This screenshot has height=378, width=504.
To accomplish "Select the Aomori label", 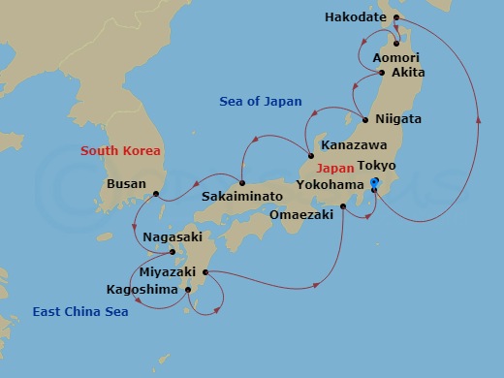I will (x=395, y=58).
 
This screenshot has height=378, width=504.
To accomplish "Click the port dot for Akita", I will (x=382, y=73).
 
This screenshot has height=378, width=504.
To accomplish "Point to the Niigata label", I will (x=397, y=119).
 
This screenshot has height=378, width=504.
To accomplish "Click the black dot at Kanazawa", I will (x=310, y=157).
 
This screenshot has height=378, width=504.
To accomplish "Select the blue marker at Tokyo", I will (x=375, y=183).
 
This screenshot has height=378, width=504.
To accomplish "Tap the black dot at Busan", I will (x=155, y=194).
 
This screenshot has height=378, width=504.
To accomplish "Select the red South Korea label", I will (x=120, y=151).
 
